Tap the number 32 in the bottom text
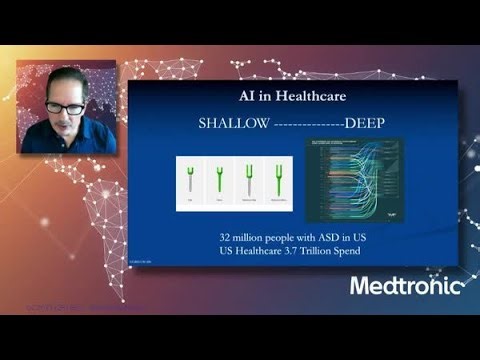click(226, 237)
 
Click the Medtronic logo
click(406, 286)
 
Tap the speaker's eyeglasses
click(64, 106)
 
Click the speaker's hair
click(67, 80)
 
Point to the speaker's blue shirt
click(60, 140)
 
